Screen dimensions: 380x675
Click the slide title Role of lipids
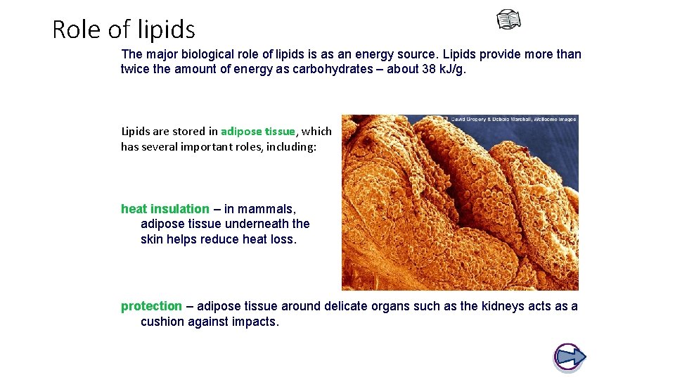(124, 30)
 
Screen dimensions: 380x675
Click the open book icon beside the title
(509, 20)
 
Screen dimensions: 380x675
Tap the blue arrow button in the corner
(570, 357)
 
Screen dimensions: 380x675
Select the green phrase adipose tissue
(258, 132)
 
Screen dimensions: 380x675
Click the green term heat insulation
(165, 209)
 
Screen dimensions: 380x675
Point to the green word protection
(151, 306)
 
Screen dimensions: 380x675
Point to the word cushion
(162, 322)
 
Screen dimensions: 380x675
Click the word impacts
(256, 322)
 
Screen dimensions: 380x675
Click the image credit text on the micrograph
(513, 119)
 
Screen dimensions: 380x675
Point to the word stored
(190, 132)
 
